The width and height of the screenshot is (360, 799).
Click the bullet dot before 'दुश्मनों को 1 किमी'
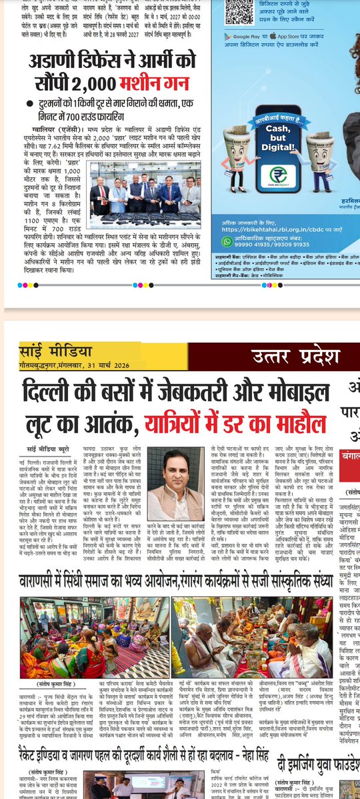point(26,104)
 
